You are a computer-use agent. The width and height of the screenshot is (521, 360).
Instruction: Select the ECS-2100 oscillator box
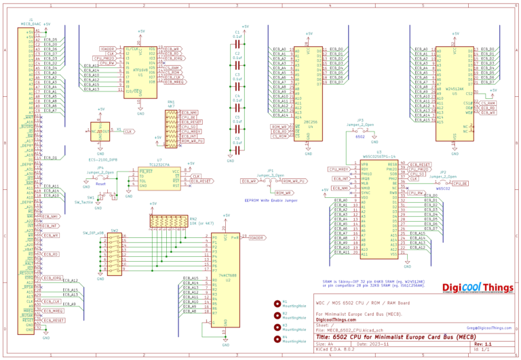[100, 132]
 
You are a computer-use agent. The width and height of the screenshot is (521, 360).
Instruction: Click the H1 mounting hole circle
[277, 304]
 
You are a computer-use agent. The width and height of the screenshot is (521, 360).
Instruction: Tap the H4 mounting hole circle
[277, 337]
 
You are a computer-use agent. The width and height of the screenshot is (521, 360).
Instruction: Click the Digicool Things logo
[478, 287]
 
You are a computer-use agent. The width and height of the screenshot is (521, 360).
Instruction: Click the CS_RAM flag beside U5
[487, 102]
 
